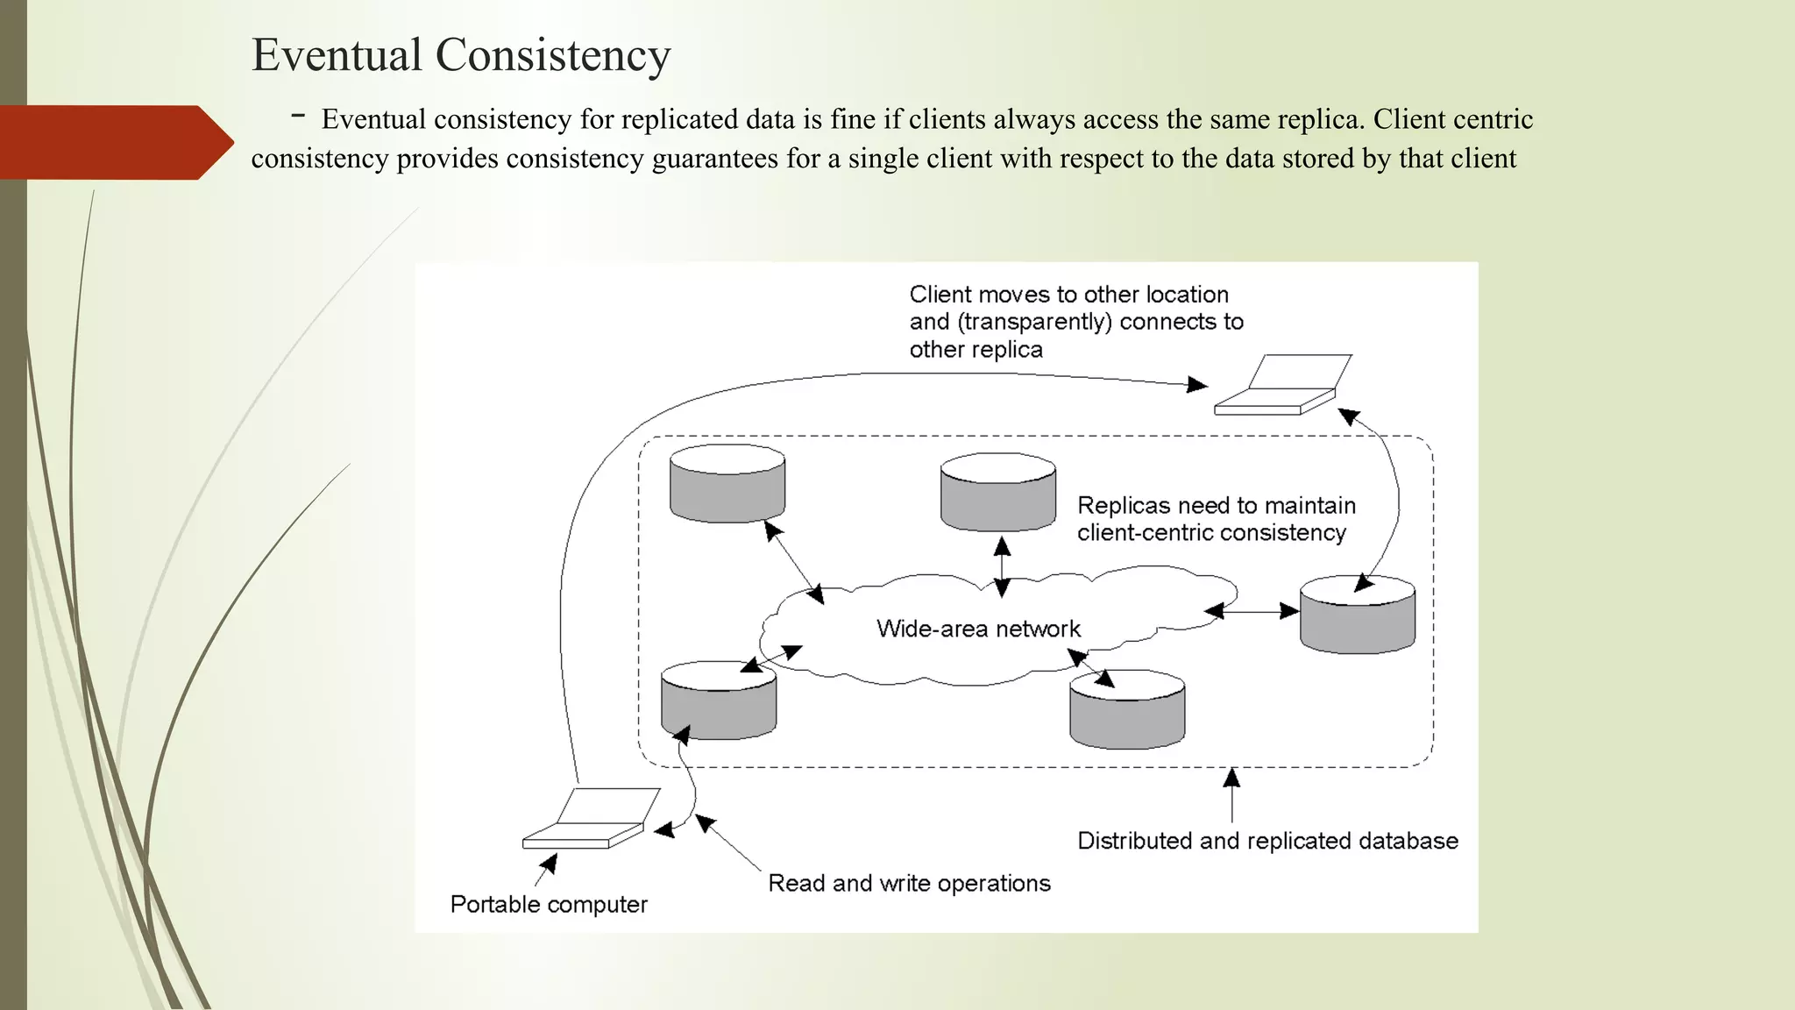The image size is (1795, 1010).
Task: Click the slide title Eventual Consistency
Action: [x=461, y=54]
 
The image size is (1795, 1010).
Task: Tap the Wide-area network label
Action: [x=978, y=629]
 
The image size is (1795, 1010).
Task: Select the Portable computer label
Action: [x=549, y=904]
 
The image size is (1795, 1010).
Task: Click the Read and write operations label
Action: [x=909, y=883]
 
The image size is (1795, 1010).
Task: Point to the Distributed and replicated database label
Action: [x=1267, y=841]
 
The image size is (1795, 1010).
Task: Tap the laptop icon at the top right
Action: [x=1283, y=386]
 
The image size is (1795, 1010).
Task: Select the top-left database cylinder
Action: [x=727, y=484]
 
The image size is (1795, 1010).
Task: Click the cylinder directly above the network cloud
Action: [x=997, y=493]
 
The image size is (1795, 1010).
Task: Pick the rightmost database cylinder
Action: [x=1357, y=615]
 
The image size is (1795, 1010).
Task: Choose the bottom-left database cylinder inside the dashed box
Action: [x=718, y=701]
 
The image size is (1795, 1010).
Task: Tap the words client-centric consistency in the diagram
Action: [x=1211, y=533]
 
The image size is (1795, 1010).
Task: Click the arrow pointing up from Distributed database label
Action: [x=1231, y=793]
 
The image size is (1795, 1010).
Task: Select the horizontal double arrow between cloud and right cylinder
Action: [x=1252, y=611]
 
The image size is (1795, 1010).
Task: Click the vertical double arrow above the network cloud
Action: [x=1002, y=566]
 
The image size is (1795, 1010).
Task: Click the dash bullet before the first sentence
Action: [x=299, y=116]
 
